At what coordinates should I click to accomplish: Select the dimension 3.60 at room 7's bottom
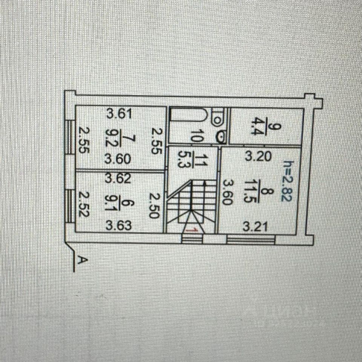[x=118, y=160]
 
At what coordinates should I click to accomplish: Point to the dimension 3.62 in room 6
[x=118, y=178]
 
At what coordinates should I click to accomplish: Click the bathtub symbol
[x=188, y=115]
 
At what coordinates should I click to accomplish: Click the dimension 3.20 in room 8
[x=258, y=156]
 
